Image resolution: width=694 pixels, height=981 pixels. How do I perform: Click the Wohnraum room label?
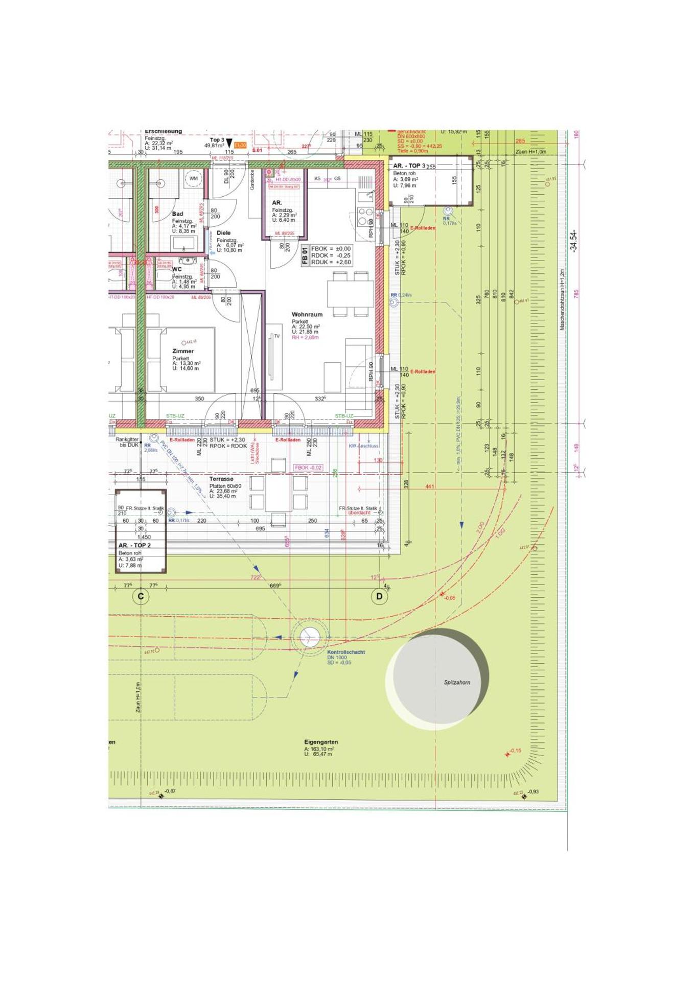click(307, 315)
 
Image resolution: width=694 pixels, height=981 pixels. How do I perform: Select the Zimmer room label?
click(183, 351)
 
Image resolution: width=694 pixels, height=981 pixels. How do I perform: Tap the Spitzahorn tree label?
click(457, 682)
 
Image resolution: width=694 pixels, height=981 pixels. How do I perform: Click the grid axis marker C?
click(141, 596)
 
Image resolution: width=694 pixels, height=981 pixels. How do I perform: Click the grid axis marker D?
click(379, 596)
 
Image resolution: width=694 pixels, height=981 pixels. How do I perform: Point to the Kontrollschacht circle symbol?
click(309, 637)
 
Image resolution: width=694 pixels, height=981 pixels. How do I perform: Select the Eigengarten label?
click(321, 742)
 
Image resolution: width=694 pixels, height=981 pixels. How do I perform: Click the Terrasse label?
click(221, 479)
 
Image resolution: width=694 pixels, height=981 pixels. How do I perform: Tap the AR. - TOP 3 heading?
click(409, 166)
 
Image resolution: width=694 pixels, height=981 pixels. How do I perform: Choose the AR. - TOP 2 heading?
click(134, 545)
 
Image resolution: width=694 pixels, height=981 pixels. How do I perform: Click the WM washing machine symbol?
click(194, 179)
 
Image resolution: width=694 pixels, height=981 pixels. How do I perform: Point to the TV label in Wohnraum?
click(276, 336)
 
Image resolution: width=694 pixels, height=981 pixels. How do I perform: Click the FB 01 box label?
click(305, 255)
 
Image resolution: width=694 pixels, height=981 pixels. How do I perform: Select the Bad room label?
click(177, 214)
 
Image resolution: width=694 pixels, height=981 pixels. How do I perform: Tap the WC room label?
click(177, 269)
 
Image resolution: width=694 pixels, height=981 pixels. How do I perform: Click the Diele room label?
click(224, 233)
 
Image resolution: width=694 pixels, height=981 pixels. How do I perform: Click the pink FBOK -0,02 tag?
click(308, 468)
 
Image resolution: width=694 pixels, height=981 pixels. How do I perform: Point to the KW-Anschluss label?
click(364, 446)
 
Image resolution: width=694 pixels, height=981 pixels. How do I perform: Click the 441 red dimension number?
click(429, 486)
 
